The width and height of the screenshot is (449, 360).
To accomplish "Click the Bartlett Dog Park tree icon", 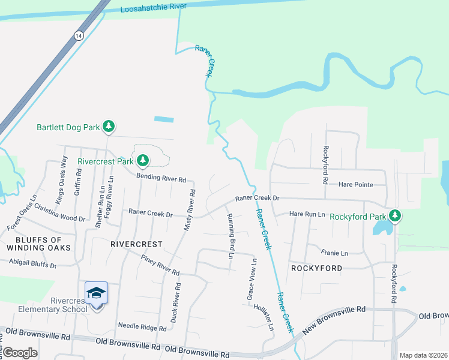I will pos(109,127).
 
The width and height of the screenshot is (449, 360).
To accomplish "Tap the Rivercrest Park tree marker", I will pos(143,160).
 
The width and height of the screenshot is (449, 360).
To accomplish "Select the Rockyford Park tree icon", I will pos(394,215).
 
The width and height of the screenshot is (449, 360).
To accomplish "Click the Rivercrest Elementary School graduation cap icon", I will pos(96,293).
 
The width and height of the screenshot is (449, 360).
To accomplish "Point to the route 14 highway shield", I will pos(79,36).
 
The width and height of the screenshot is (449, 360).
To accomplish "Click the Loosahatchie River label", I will pos(154,8).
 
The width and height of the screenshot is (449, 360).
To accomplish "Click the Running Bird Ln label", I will pos(230,236).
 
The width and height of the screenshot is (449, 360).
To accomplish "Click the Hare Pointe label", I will pos(356,185).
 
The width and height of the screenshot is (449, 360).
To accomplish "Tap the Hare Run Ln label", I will pos(307,214).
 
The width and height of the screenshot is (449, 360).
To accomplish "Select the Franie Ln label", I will pos(334,253).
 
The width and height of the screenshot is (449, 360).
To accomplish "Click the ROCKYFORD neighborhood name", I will pos(316,268).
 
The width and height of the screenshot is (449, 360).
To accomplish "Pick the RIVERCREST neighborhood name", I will pos(137,244).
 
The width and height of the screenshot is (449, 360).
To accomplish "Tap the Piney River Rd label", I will pos(160,264).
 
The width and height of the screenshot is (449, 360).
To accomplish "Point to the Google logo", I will pos(20,353).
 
